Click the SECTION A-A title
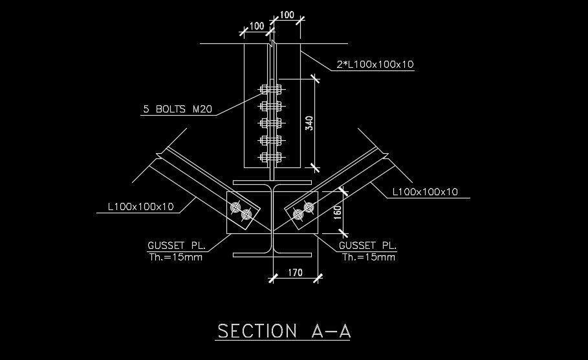(284, 331)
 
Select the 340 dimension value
(309, 123)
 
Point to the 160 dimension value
(337, 212)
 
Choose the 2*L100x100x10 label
(375, 64)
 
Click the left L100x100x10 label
(140, 207)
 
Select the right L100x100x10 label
(425, 191)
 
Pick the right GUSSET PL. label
(367, 246)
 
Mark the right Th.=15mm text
(367, 257)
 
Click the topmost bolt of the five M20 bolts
(270, 89)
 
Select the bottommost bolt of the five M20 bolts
(270, 157)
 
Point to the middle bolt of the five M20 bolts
(270, 123)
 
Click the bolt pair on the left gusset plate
(241, 212)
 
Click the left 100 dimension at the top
(256, 26)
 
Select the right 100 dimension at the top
(287, 15)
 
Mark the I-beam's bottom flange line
(272, 253)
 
